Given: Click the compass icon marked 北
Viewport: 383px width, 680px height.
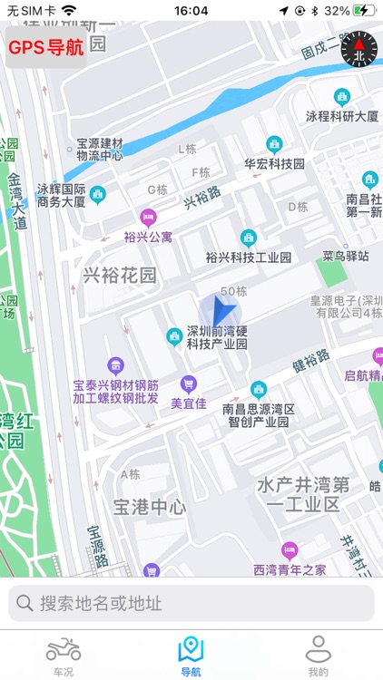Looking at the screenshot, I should coord(358,48).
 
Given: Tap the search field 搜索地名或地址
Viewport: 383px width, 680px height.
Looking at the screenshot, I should coord(191,603).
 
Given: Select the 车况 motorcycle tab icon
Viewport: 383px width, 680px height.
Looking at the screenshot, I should coord(64,649).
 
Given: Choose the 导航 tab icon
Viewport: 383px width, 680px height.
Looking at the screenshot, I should coord(191,649).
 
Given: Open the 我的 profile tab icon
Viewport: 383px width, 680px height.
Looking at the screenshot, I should coord(318,649).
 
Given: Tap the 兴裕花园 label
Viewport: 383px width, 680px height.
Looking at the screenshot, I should coord(120,275).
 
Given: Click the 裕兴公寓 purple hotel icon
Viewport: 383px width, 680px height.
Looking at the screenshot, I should coord(147,218).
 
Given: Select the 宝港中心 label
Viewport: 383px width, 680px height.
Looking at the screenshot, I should coord(150,506).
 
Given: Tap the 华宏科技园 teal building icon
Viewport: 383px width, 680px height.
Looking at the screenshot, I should coord(274,144).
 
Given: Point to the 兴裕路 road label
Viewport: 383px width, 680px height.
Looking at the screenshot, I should coord(202,197).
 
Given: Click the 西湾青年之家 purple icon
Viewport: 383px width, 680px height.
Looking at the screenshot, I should coord(290,549).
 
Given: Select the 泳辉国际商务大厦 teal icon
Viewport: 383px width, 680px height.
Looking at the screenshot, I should coord(97,194).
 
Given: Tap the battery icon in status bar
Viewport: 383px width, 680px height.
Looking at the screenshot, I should coord(365,11).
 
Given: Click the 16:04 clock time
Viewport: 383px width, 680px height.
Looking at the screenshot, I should coord(191,11).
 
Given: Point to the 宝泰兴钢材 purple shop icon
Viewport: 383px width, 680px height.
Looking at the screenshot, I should coord(115,365).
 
